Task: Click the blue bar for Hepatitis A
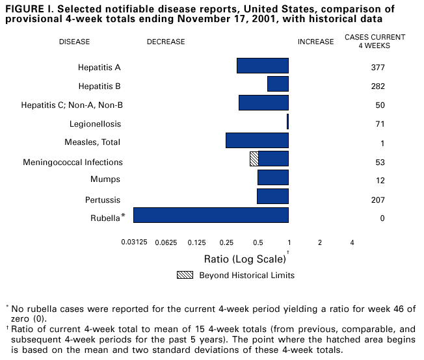tap(263, 66)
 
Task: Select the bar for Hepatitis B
tap(278, 84)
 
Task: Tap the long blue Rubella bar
tap(211, 215)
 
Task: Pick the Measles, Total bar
tap(257, 140)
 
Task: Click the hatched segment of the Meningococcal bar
tap(254, 159)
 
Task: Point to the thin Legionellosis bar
tap(287, 122)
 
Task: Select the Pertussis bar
tap(272, 196)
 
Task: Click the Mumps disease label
tap(105, 180)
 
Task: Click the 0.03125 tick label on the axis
tap(134, 242)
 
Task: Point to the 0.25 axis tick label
tap(226, 242)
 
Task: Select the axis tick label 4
tap(352, 242)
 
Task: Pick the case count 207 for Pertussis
tap(377, 199)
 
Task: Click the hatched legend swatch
tap(185, 275)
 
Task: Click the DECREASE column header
tap(166, 42)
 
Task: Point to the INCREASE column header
tap(316, 42)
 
